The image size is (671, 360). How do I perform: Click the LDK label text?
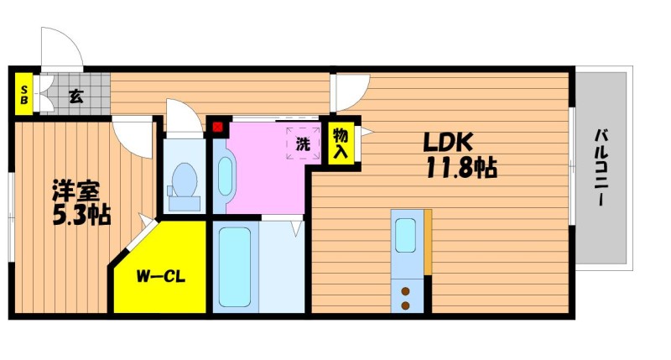click(x=448, y=143)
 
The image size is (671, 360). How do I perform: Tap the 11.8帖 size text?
click(x=461, y=168)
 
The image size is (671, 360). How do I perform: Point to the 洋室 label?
click(x=76, y=190)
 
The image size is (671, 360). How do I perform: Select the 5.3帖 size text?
click(x=81, y=216)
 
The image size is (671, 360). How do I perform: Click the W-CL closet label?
click(x=160, y=277)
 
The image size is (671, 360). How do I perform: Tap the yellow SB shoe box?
click(x=24, y=95)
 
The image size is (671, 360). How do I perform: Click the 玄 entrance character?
click(x=76, y=97)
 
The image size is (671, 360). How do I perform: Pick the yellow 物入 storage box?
click(x=341, y=143)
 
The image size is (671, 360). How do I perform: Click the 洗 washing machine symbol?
click(x=303, y=143)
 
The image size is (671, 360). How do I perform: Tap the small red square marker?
click(x=218, y=128)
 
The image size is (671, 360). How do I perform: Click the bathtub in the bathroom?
click(x=235, y=267)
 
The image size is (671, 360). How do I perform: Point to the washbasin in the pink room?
click(x=225, y=176)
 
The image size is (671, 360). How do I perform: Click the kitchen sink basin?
click(x=405, y=236)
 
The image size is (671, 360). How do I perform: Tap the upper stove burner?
click(x=405, y=291)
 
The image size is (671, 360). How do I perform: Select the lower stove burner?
click(x=405, y=305)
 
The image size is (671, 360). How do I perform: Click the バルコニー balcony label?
click(x=601, y=168)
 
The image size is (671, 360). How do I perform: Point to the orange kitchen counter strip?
click(x=428, y=242)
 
